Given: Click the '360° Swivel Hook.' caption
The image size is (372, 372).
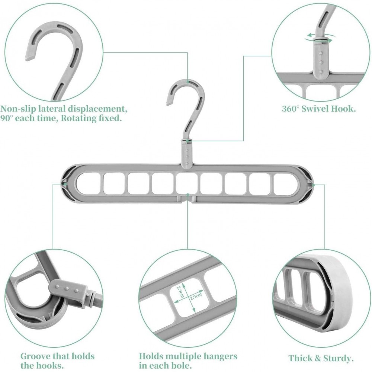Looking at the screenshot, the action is click(x=319, y=109).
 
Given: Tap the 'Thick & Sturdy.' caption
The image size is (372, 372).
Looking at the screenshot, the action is click(x=321, y=358).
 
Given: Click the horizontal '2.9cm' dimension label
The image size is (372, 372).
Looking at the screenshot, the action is click(x=196, y=296).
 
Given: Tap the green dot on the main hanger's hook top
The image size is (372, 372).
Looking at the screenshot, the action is click(x=187, y=82).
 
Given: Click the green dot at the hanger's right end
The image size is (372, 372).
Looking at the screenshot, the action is click(x=313, y=185).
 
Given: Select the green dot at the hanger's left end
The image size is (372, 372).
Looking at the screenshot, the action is click(x=65, y=183).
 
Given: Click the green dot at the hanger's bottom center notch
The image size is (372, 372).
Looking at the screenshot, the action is click(x=187, y=195).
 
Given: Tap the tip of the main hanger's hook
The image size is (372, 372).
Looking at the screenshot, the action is click(x=169, y=103).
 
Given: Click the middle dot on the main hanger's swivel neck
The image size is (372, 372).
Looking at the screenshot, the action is click(x=187, y=157).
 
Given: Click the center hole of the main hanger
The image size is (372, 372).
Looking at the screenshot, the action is click(x=187, y=183).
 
